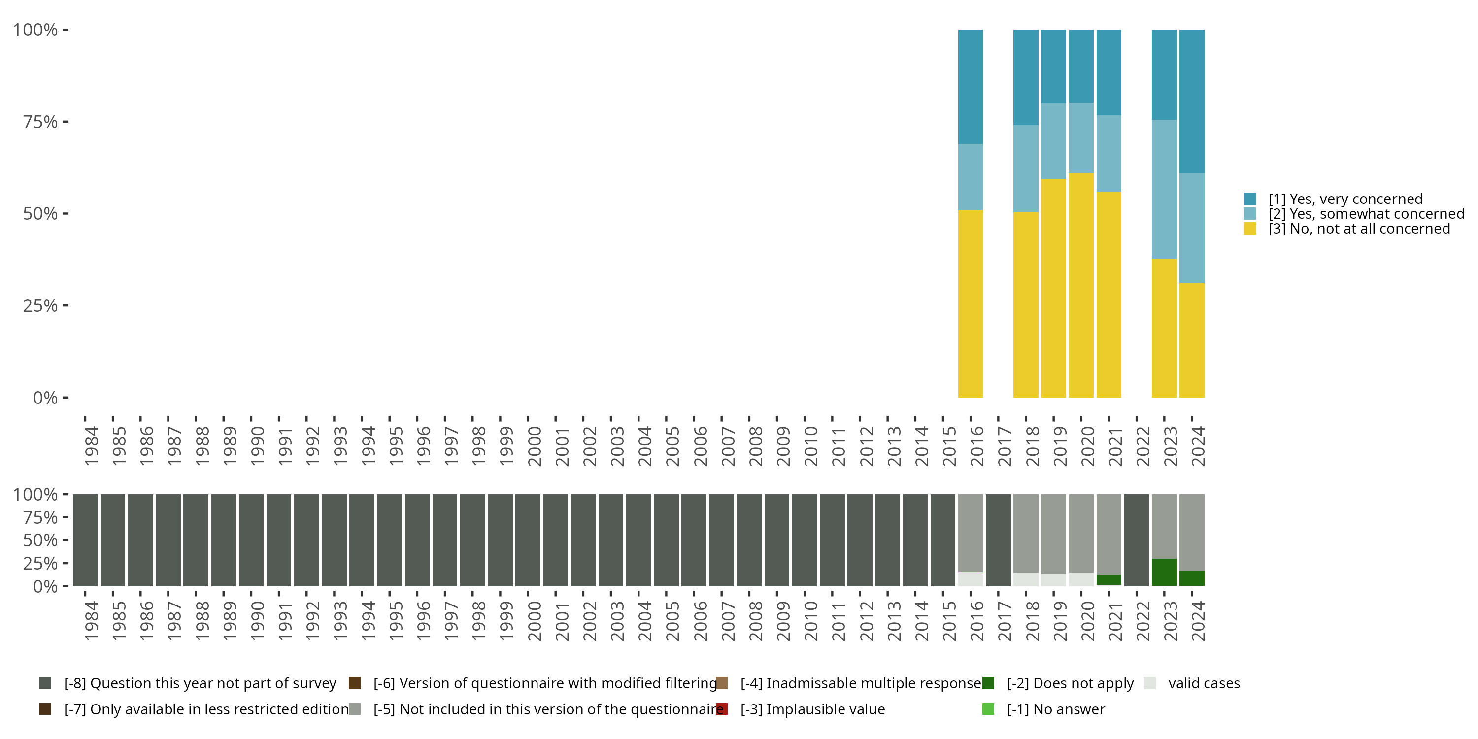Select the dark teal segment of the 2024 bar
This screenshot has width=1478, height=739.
coord(1192,101)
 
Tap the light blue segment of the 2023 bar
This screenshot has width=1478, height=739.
coord(1164,189)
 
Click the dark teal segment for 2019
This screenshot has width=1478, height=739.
coord(1053,66)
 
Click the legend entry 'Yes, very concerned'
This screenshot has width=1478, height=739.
coord(1345,199)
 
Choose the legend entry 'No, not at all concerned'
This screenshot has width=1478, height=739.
coord(1359,229)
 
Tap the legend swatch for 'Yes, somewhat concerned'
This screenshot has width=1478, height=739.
coord(1249,214)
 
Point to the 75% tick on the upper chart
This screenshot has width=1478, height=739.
coord(66,122)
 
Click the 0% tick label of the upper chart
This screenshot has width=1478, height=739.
coord(45,398)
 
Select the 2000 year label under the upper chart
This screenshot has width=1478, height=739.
coord(534,446)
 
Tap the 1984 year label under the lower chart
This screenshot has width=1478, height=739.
coord(91,621)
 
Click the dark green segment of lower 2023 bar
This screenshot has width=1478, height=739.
coord(1164,572)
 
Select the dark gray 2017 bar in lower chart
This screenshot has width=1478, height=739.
coord(998,540)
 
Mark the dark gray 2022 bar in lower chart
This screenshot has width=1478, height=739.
coord(1137,540)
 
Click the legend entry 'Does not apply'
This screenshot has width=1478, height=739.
coord(1070,683)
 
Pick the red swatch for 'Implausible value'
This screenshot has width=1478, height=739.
coord(722,709)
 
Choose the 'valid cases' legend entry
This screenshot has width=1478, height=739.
coord(1204,683)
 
